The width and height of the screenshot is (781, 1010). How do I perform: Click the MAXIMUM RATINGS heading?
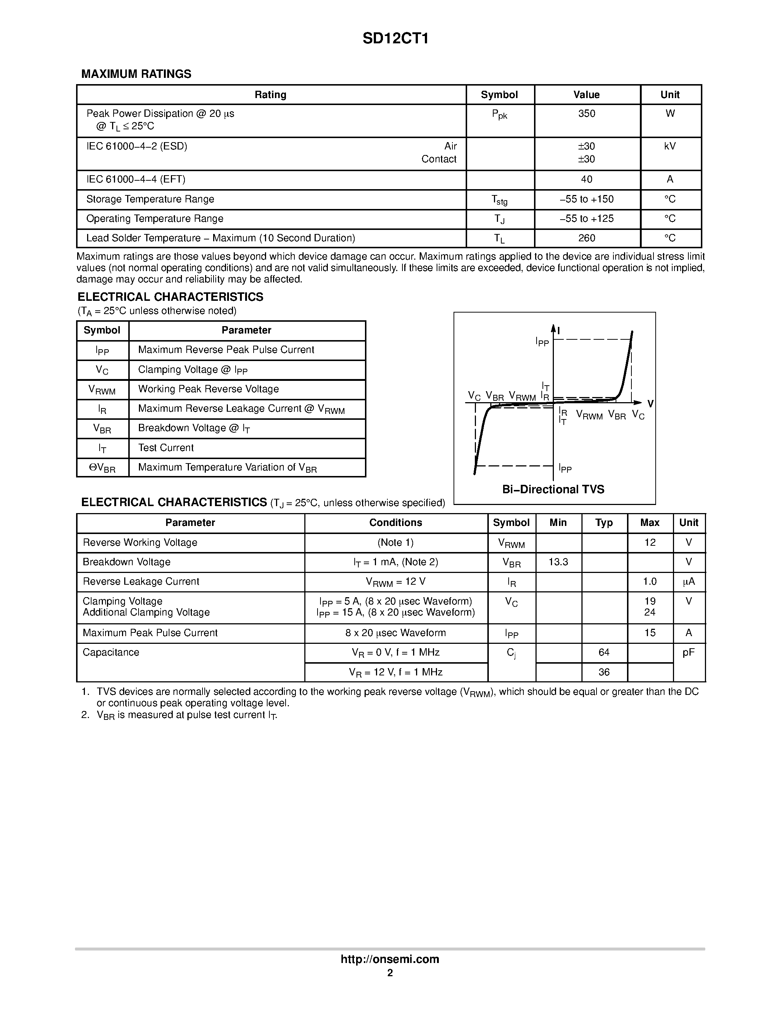click(x=136, y=74)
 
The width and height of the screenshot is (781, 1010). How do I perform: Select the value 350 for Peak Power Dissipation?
click(x=586, y=114)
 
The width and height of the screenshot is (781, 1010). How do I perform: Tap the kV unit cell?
click(x=670, y=147)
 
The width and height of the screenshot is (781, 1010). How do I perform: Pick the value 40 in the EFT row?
click(x=586, y=180)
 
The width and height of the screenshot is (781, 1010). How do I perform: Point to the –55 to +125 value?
click(x=586, y=219)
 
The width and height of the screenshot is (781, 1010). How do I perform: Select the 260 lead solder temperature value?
click(x=586, y=238)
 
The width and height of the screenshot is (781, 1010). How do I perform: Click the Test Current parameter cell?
click(x=166, y=448)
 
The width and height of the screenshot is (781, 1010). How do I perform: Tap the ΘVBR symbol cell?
click(x=102, y=468)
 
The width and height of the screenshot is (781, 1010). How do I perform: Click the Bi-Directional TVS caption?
click(x=553, y=489)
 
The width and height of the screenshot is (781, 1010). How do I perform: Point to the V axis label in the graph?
click(x=650, y=404)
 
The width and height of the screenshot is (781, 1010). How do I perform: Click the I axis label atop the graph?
click(x=559, y=330)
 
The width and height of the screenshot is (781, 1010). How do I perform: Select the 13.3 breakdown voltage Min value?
click(x=558, y=562)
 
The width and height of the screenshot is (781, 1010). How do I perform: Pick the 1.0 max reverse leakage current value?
click(x=649, y=581)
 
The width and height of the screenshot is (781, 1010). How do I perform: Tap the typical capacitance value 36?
click(x=604, y=672)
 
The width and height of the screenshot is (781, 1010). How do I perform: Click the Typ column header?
click(x=604, y=523)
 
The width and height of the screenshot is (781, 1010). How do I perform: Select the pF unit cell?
click(x=688, y=653)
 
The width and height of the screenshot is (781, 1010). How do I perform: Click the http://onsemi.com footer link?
click(x=390, y=959)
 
